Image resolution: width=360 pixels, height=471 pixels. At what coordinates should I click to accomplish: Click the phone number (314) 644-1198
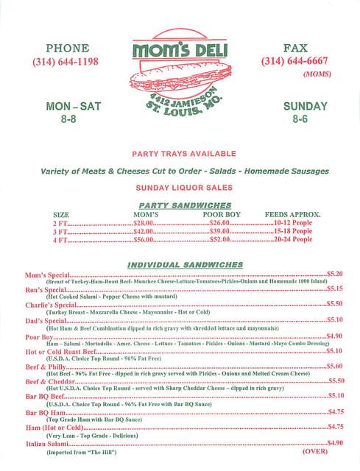click(66, 62)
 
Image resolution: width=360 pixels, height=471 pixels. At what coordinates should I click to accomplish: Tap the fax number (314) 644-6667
click(294, 62)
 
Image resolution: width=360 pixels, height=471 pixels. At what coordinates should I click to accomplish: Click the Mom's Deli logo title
click(180, 51)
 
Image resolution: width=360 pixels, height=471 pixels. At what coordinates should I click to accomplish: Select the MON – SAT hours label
click(68, 107)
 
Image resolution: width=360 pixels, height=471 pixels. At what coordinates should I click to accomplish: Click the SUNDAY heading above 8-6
click(299, 107)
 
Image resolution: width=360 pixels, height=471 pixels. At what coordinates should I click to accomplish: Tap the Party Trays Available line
click(183, 154)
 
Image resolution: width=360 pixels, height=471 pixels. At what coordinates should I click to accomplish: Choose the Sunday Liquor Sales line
click(183, 188)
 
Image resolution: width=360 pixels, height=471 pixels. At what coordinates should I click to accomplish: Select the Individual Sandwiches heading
click(185, 264)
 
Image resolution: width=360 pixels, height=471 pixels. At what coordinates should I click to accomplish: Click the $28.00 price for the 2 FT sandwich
click(142, 222)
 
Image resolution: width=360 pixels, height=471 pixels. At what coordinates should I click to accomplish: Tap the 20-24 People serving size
click(292, 240)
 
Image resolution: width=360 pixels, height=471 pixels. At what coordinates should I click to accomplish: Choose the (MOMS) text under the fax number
click(317, 74)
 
